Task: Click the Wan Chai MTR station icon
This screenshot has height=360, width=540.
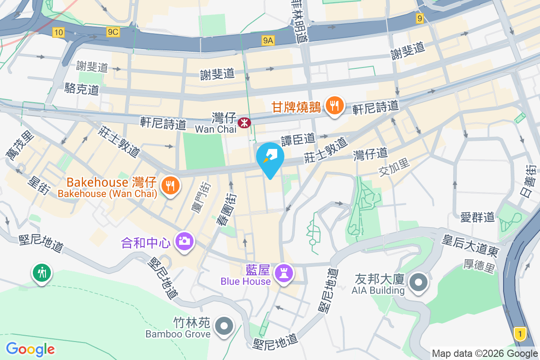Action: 244,122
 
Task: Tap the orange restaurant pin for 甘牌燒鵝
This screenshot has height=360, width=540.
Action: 334,106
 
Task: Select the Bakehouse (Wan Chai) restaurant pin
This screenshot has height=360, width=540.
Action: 170,185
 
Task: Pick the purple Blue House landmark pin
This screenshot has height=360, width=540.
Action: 283,273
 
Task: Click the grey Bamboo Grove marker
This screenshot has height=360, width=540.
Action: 224,325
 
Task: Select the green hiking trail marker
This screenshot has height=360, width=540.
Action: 42,273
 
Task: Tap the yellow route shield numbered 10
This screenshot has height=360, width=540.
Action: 58,32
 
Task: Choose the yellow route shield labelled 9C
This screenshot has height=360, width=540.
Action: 113,32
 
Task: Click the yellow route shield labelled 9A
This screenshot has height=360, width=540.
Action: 268,41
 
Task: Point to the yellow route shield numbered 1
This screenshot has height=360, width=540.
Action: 520,334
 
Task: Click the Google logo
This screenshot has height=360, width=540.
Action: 30,349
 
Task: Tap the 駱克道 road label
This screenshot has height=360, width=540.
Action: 82,89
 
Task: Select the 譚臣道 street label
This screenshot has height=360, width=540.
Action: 298,139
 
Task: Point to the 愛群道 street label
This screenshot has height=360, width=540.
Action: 477,217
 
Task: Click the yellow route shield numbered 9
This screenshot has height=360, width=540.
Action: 420,18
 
